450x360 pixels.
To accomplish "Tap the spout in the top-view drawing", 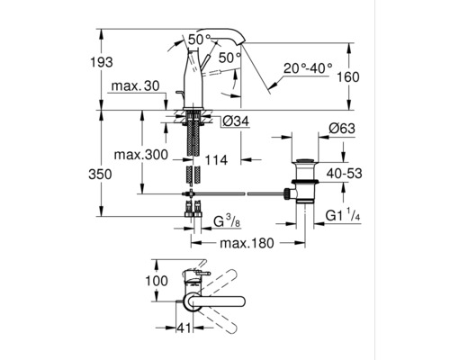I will (229, 304).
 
